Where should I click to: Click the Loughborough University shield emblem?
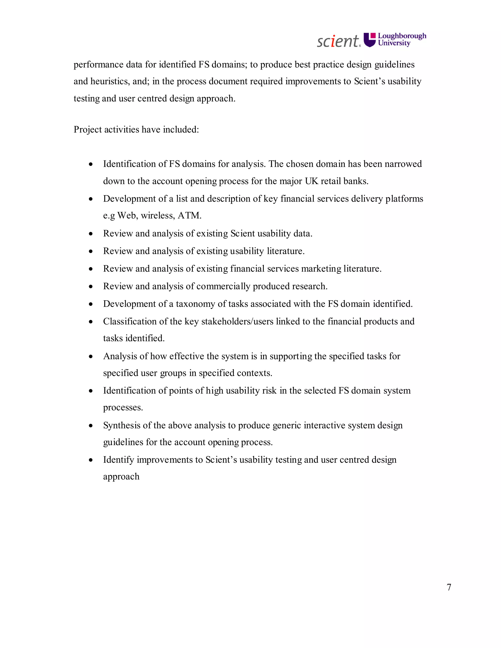pos(370,40)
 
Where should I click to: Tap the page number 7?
pos(449,587)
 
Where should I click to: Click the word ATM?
pos(189,216)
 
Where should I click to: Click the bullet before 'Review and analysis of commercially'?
pos(91,287)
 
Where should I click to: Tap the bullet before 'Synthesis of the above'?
pos(91,426)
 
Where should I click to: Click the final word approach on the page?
pos(121,477)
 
